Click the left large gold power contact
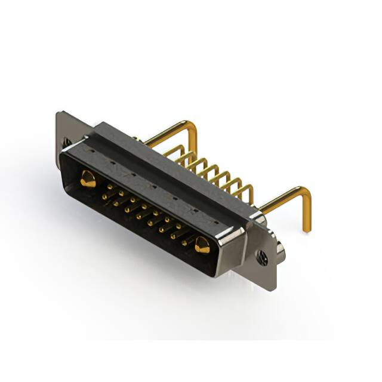(x=88, y=178)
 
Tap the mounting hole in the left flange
(x=66, y=142)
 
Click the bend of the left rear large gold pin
(x=192, y=126)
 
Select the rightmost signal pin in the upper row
(x=184, y=229)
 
